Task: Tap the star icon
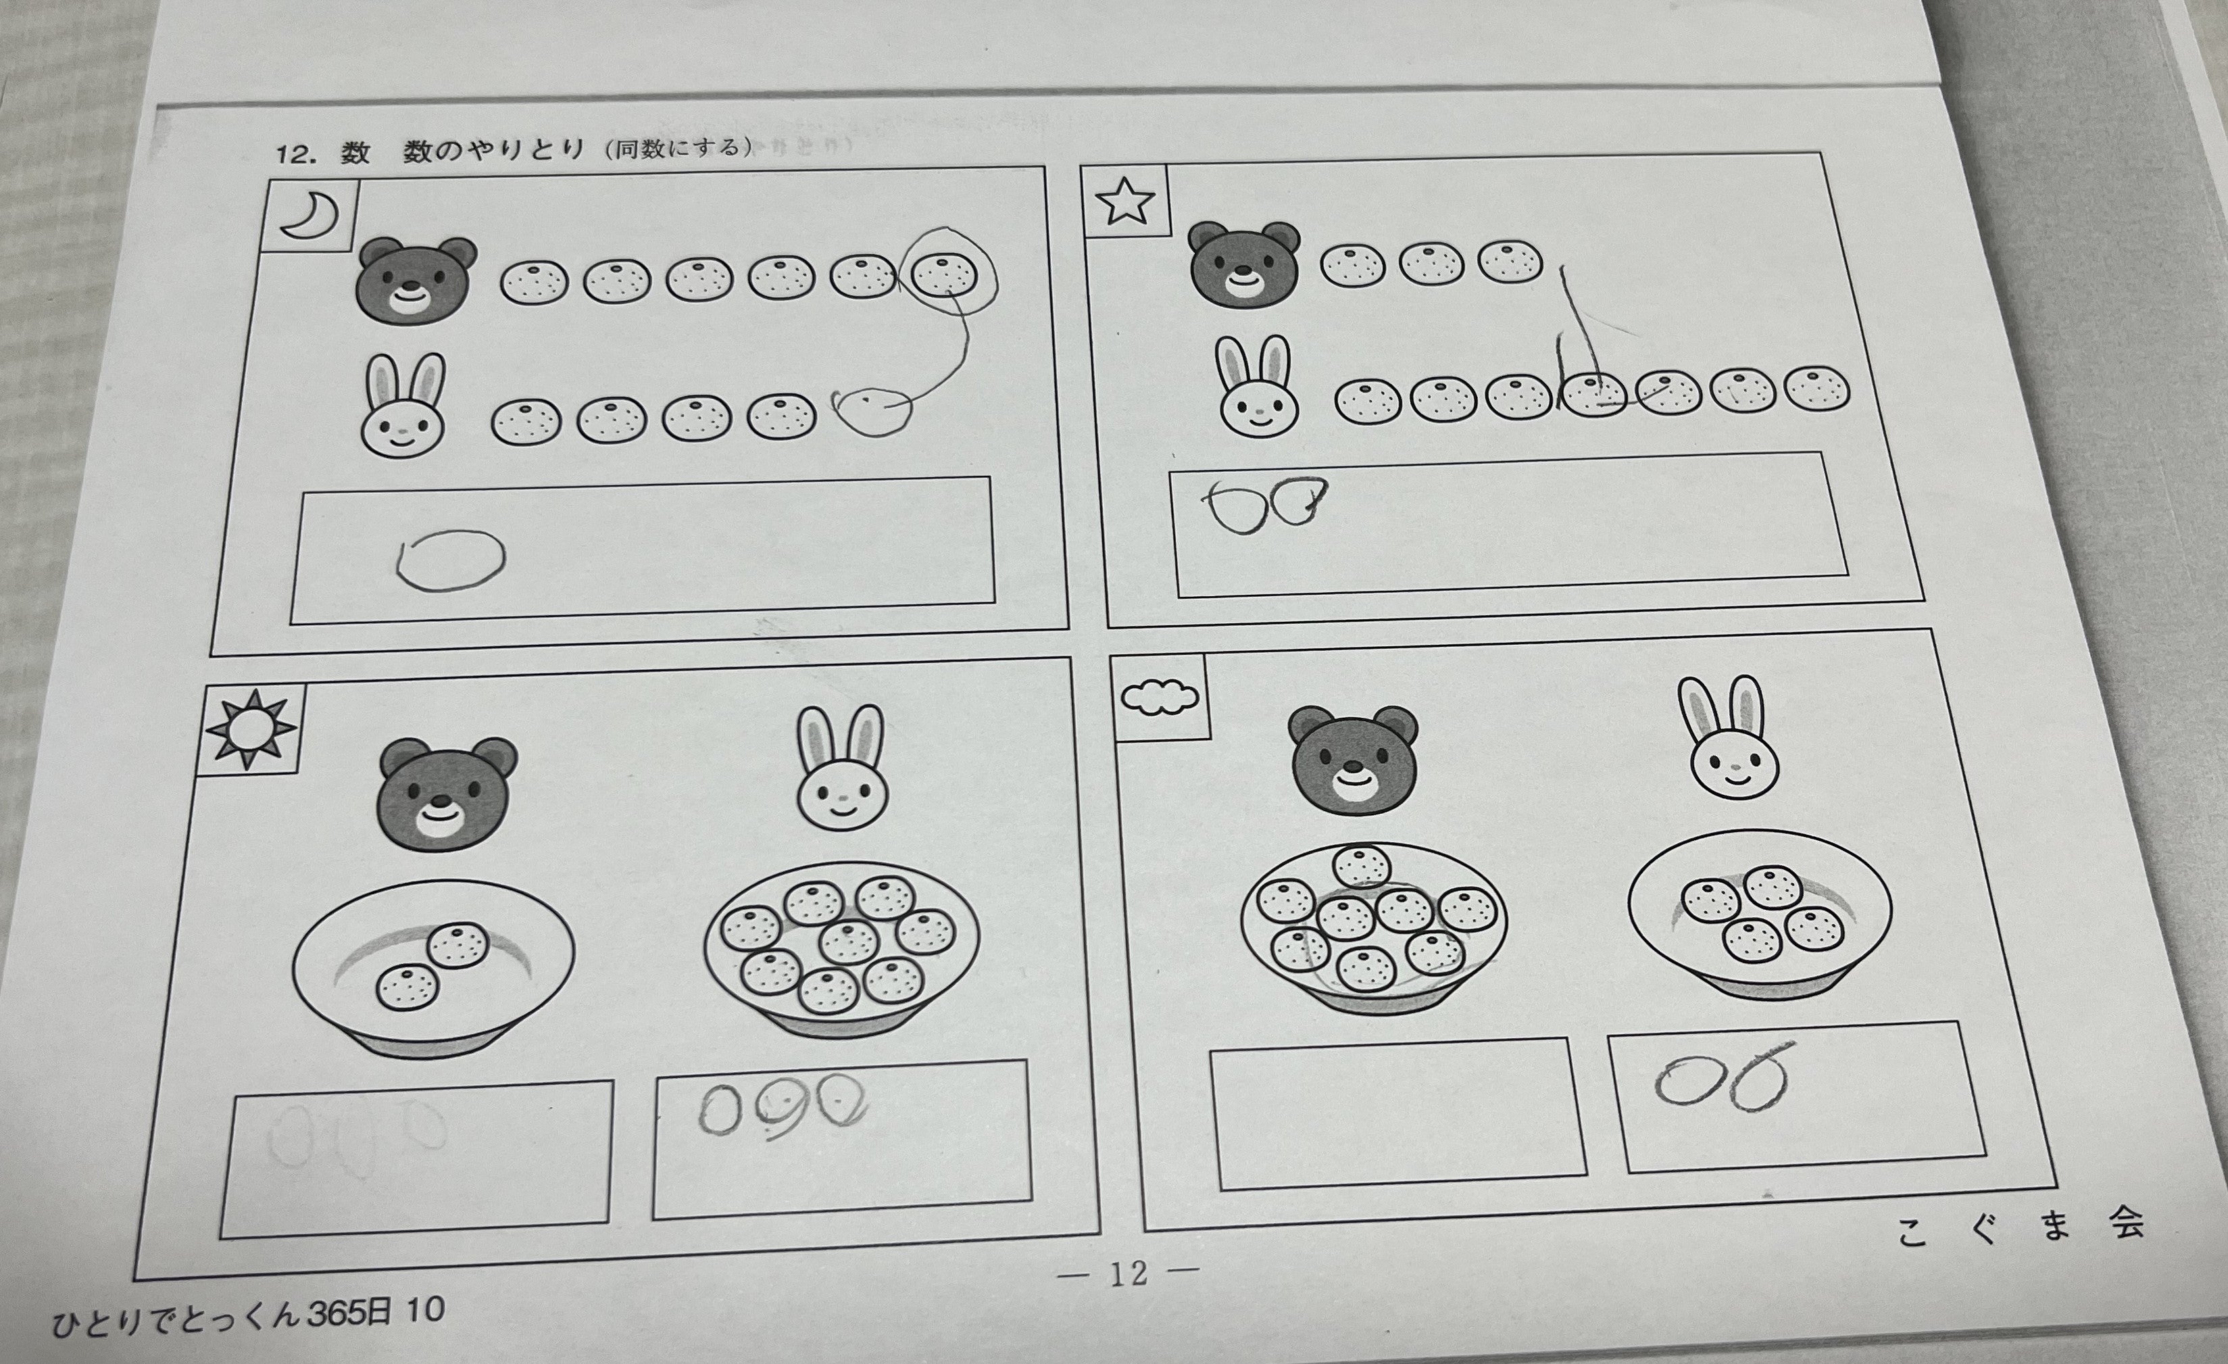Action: coord(1126,203)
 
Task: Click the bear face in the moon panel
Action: coord(415,281)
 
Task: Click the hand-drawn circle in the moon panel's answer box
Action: coord(450,560)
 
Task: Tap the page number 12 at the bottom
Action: coord(1128,1273)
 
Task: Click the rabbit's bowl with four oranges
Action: coord(1759,914)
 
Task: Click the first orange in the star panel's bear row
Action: coord(1352,265)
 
